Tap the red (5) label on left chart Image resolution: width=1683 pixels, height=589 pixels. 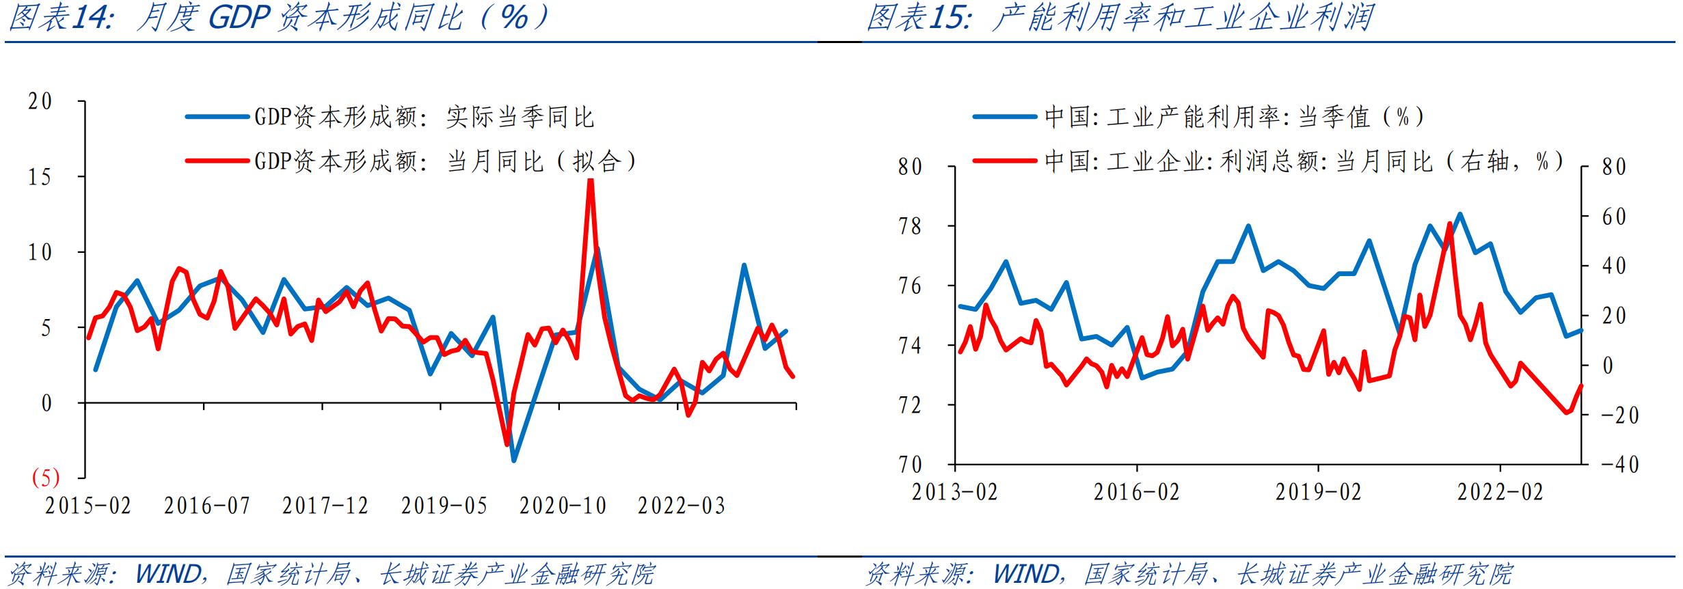[46, 477]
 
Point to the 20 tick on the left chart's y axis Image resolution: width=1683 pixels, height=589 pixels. [40, 102]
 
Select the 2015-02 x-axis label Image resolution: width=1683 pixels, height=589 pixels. [88, 506]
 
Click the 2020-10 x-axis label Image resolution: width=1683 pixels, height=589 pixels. [563, 506]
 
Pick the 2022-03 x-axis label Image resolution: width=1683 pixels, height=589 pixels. [681, 506]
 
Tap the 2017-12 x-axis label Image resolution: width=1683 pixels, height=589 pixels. [325, 506]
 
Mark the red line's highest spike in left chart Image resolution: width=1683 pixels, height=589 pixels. [591, 180]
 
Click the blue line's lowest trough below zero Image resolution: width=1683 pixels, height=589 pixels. [514, 460]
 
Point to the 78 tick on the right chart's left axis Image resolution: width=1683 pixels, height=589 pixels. [910, 226]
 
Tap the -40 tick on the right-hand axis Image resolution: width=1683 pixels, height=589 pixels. [1619, 465]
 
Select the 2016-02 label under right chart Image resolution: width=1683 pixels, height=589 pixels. [1136, 492]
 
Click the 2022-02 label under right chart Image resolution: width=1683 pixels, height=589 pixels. [1500, 492]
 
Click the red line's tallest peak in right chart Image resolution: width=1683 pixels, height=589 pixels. [1449, 223]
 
